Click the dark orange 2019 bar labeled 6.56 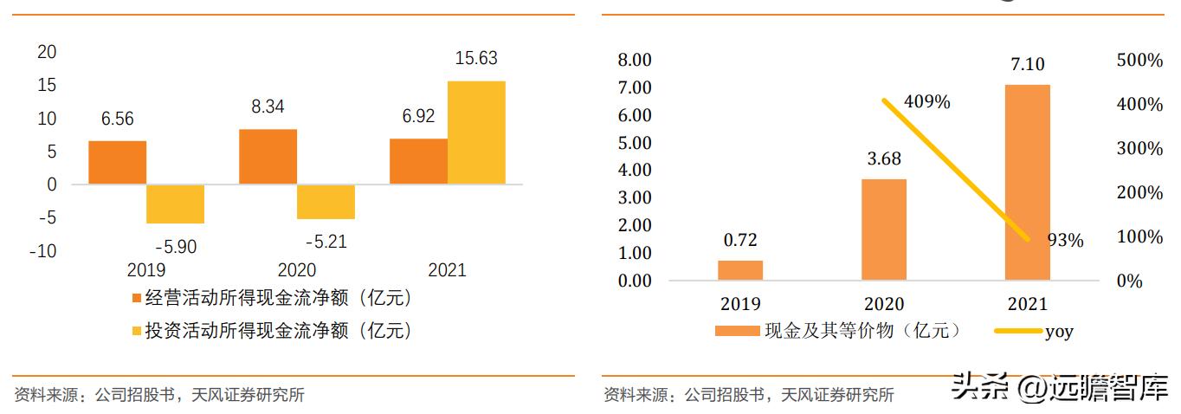pyautogui.click(x=117, y=163)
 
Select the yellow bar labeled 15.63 pyautogui.click(x=476, y=132)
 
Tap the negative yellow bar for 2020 pyautogui.click(x=326, y=202)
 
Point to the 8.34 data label pyautogui.click(x=267, y=107)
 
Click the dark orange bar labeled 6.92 pyautogui.click(x=418, y=161)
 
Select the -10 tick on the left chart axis pyautogui.click(x=44, y=251)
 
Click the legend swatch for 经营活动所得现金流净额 pyautogui.click(x=135, y=299)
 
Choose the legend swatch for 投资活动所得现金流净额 pyautogui.click(x=135, y=331)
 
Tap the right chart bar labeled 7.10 pyautogui.click(x=1027, y=183)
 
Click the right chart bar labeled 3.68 pyautogui.click(x=883, y=230)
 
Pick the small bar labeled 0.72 pyautogui.click(x=740, y=270)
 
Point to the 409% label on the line pyautogui.click(x=926, y=102)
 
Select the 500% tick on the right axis pyautogui.click(x=1139, y=60)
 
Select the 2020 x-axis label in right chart pyautogui.click(x=883, y=304)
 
